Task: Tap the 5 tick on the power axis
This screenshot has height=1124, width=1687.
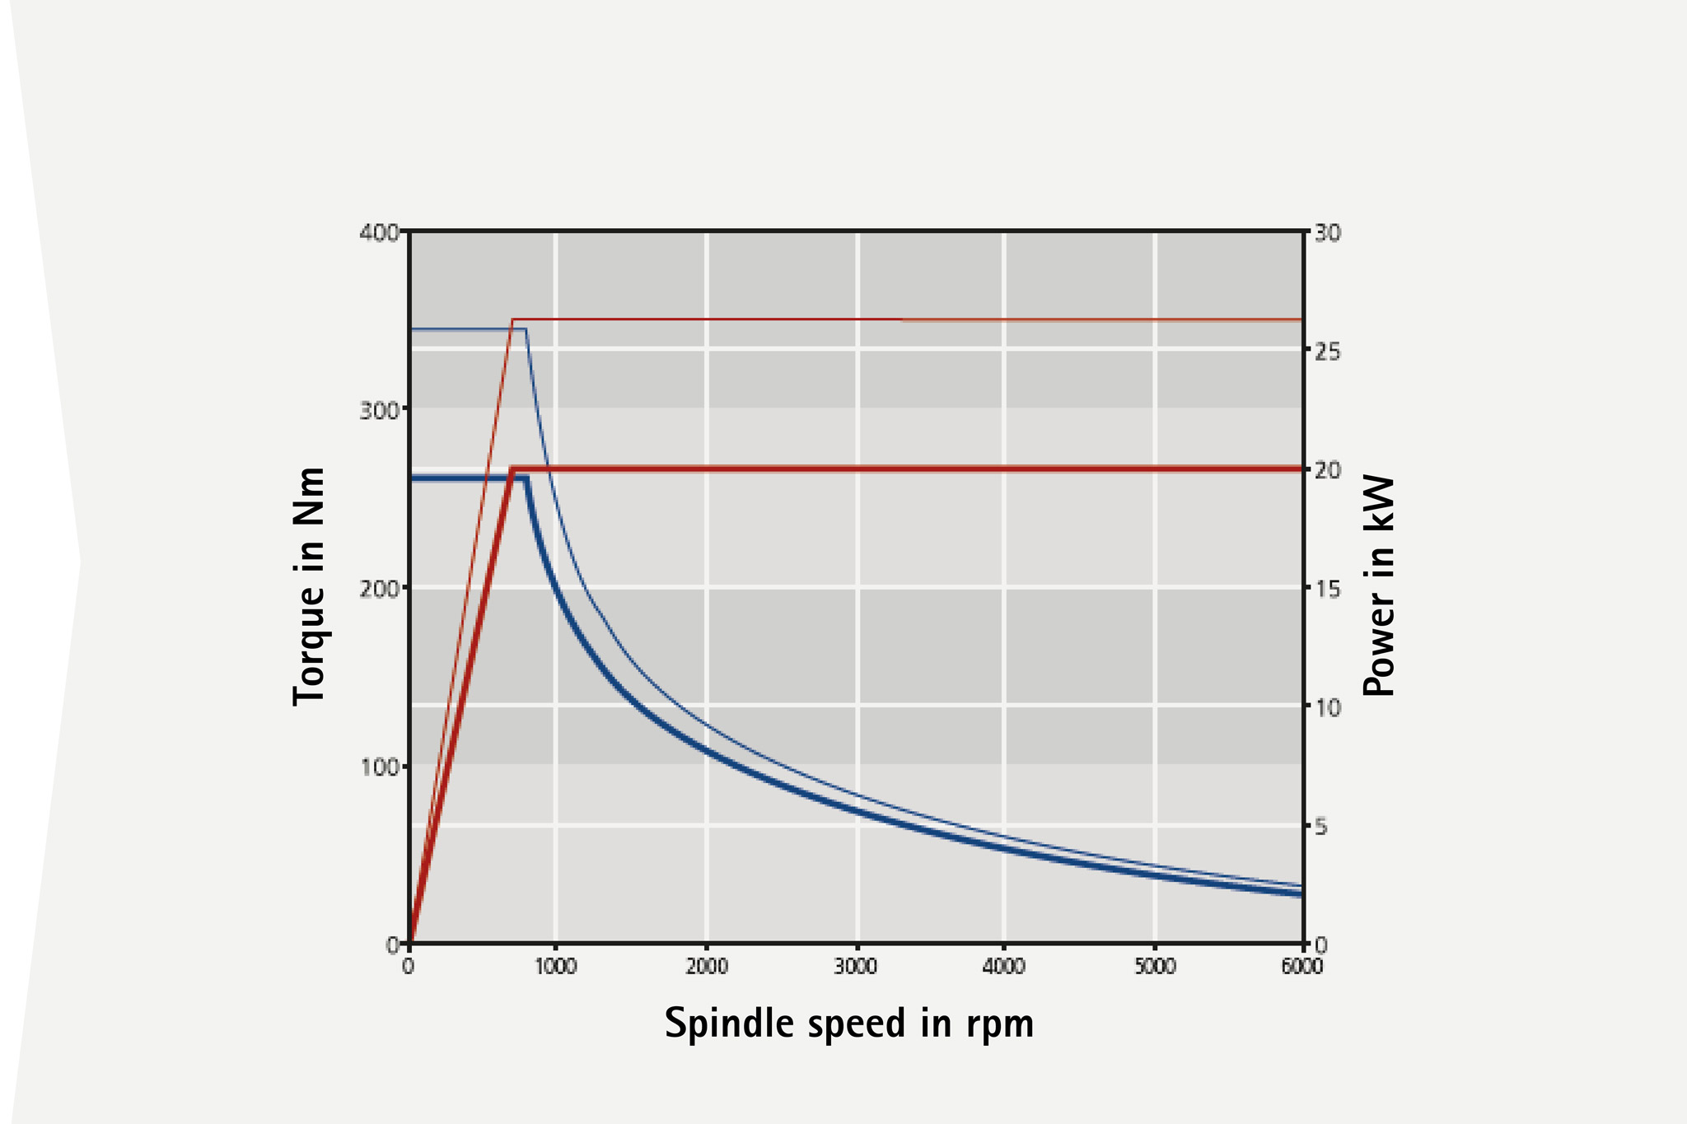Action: [1321, 826]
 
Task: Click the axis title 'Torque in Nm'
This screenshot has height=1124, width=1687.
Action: [310, 585]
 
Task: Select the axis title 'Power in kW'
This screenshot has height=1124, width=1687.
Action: [1378, 585]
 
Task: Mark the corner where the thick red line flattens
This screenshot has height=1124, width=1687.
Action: [513, 469]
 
